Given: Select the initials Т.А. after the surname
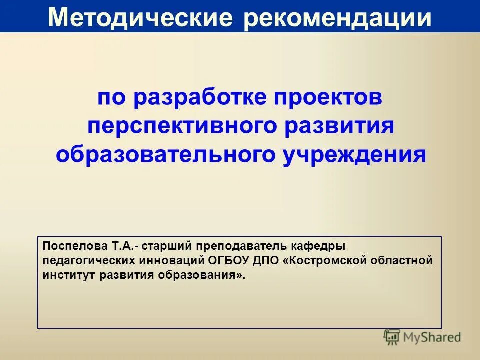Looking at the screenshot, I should point(123,246).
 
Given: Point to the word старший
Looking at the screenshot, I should point(167,246).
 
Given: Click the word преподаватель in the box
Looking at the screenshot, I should point(241,246).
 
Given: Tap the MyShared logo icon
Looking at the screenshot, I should point(392,337).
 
